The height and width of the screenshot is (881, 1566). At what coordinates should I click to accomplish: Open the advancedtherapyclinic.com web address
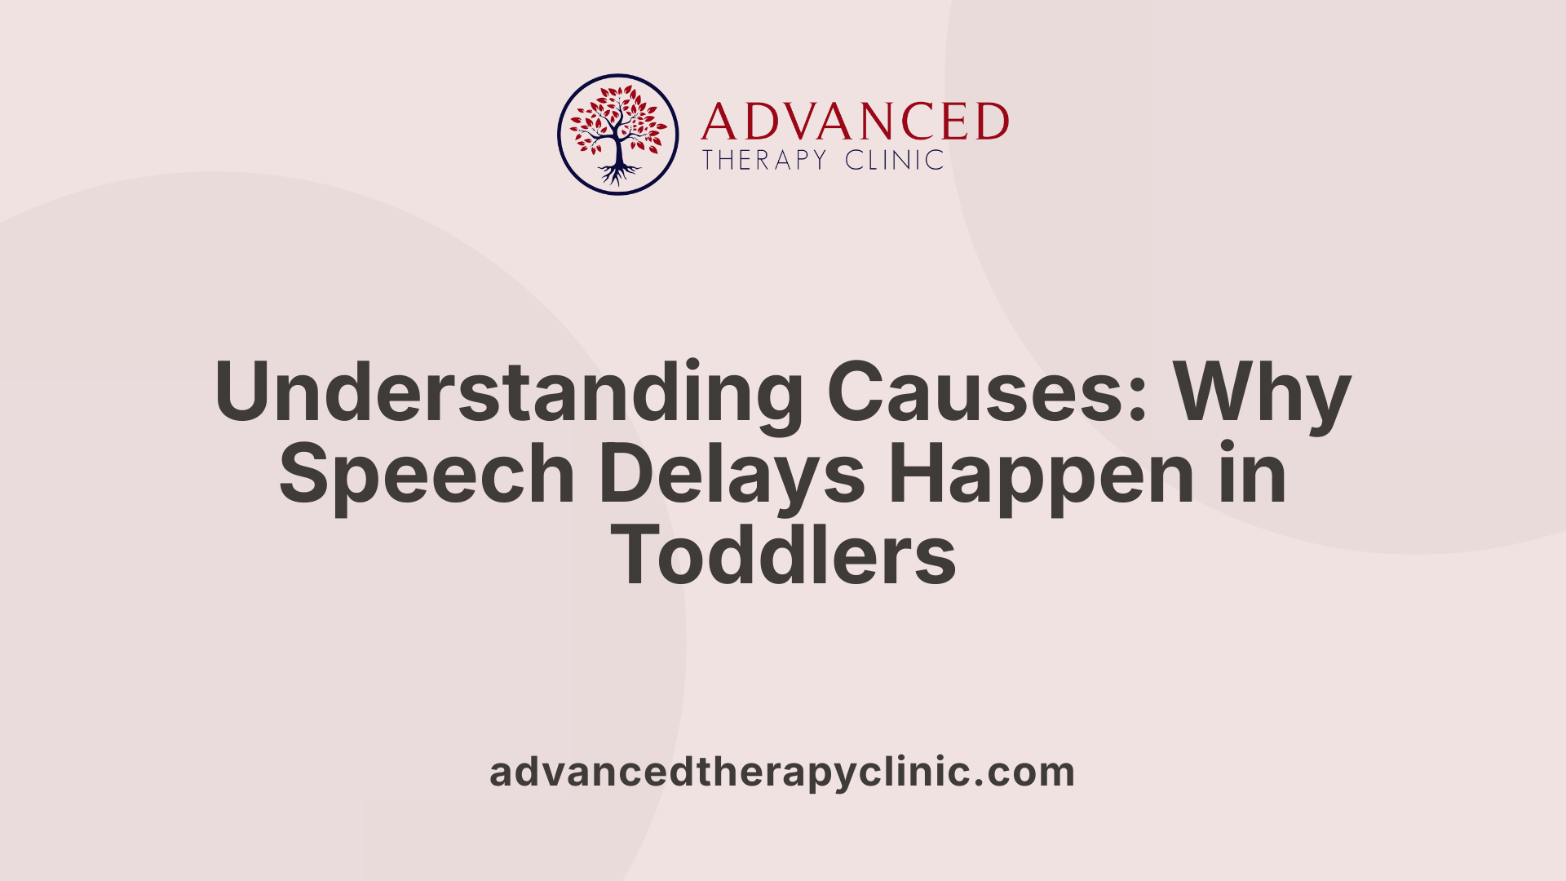point(782,772)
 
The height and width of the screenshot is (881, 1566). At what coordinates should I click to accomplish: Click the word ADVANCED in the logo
point(855,122)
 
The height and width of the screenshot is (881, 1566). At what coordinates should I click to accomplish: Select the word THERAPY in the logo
point(764,160)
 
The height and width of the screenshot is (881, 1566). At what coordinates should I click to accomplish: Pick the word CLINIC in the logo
point(895,160)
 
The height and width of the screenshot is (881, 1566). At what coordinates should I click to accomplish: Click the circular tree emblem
point(618,135)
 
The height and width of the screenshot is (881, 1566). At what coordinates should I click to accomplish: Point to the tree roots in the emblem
point(618,174)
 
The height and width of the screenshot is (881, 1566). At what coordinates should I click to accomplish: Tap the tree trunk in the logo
point(618,149)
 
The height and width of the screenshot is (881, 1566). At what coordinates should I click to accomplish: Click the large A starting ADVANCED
point(719,122)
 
